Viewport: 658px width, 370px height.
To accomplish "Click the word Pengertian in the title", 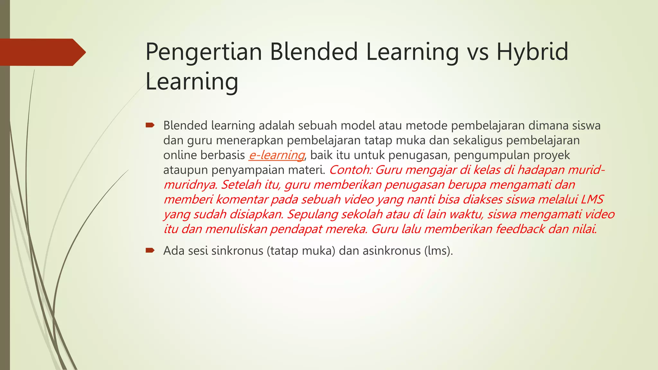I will coord(204,52).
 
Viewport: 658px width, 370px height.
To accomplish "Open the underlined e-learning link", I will coord(277,155).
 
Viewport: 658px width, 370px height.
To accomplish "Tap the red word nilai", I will coord(585,229).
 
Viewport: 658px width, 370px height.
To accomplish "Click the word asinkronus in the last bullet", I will coord(392,251).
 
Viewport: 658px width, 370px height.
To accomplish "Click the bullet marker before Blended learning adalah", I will coord(150,125).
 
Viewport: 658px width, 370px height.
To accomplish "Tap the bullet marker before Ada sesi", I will coord(150,250).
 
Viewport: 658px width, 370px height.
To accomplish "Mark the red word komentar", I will coord(242,199).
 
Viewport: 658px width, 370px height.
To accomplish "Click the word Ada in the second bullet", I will coord(174,251).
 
